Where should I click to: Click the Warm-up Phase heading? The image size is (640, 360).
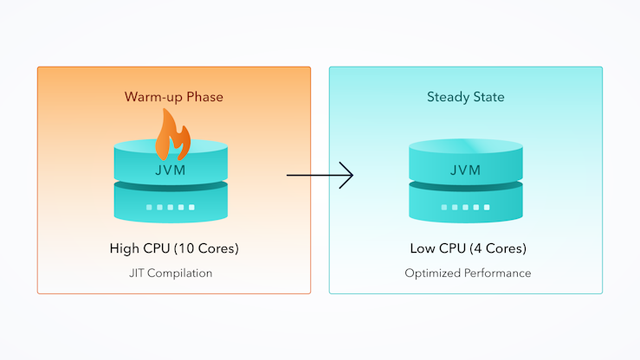coord(174,97)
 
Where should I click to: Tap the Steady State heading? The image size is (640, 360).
coord(466,97)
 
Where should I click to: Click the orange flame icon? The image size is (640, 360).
coord(172,134)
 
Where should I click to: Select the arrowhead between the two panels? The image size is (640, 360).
coord(346,176)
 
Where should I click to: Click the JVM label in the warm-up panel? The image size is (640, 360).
coord(171,170)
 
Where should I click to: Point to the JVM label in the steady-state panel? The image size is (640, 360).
coord(466,170)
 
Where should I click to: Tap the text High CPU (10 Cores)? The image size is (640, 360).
coord(174,248)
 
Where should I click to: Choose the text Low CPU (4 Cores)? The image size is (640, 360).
coord(469,248)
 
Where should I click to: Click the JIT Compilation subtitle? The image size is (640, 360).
coord(171,273)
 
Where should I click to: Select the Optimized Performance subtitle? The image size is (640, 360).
coord(468,273)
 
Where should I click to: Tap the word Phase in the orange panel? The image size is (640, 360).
coord(205,97)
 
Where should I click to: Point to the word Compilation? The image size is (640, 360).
coord(179,273)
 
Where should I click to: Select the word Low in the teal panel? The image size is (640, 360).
coord(423,248)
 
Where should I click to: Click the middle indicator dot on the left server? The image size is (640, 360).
coord(171,208)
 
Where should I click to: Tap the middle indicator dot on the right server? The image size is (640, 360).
coord(465,208)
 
